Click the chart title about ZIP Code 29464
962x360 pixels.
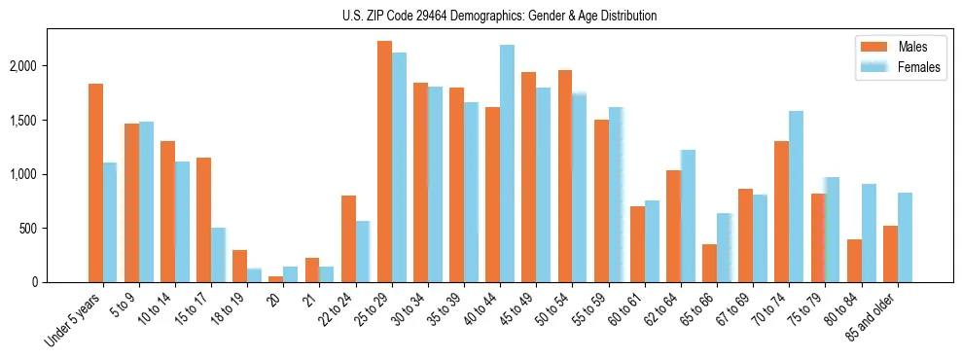pos(499,16)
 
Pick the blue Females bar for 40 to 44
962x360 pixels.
pos(507,163)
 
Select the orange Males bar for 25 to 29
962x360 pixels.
pos(384,162)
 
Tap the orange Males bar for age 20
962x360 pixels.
pos(276,279)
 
